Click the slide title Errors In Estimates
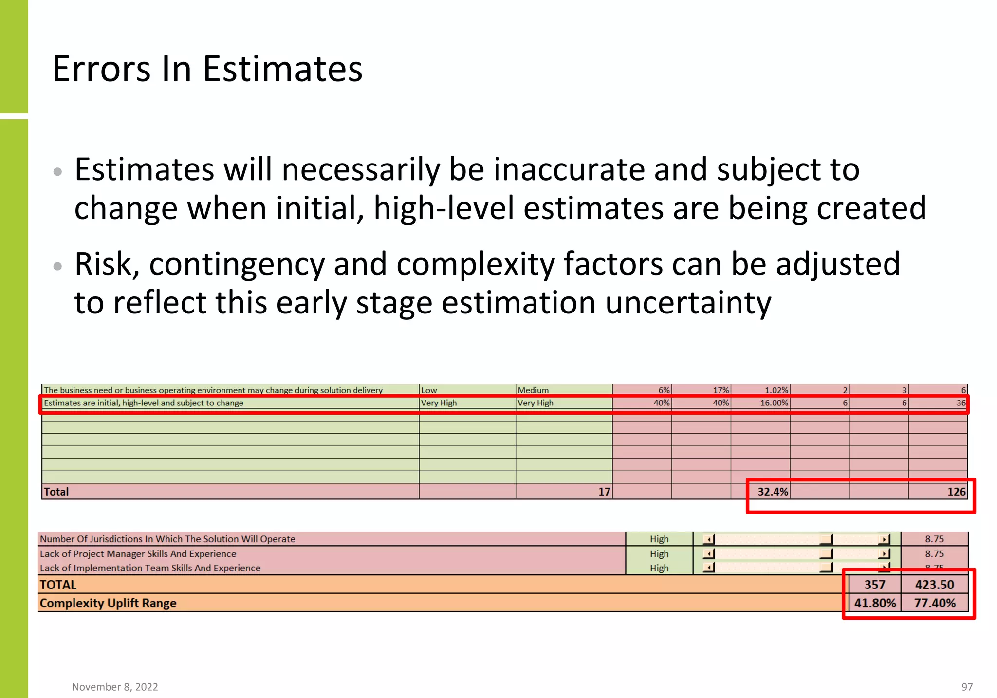[x=207, y=69]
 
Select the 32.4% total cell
[x=772, y=492]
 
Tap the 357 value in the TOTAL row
[x=874, y=585]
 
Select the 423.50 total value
[x=934, y=585]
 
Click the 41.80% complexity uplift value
[x=875, y=603]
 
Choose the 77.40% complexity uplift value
[x=934, y=603]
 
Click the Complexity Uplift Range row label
[x=108, y=603]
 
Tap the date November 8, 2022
[x=115, y=687]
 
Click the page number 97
[x=967, y=687]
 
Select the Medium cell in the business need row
[x=533, y=390]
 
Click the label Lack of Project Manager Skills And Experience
[x=138, y=554]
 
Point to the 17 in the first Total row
[x=604, y=492]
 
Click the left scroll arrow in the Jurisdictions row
[x=709, y=539]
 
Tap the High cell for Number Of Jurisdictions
[x=659, y=539]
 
